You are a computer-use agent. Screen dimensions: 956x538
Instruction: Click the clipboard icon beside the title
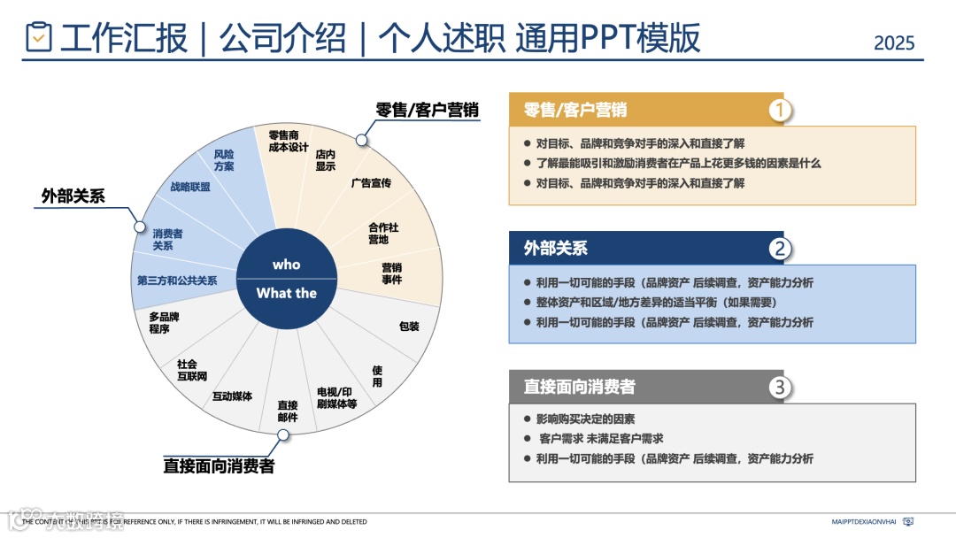coord(39,36)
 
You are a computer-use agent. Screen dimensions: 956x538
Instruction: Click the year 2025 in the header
coord(893,42)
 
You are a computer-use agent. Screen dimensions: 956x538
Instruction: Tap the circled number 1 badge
coord(779,110)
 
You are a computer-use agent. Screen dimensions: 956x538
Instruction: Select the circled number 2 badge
coord(779,249)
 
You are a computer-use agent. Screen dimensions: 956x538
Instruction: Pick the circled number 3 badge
coord(779,387)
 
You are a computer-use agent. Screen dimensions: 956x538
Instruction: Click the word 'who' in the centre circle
coord(286,265)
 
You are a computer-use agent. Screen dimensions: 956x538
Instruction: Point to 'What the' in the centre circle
coord(286,293)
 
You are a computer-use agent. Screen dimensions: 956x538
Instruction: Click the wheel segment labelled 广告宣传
coord(370,183)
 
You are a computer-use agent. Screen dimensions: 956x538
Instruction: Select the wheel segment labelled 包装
coord(408,327)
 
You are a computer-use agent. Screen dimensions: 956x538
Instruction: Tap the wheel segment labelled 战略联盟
coord(190,187)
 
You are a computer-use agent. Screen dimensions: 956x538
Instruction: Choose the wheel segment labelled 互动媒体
coord(232,396)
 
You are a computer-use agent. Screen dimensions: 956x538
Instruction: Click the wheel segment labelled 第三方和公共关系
coord(177,281)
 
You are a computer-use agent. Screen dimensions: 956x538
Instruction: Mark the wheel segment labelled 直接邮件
coord(287,411)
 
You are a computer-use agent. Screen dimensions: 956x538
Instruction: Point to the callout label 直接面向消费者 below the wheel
coord(219,465)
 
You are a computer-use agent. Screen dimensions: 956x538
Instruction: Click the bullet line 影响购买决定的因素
coord(585,419)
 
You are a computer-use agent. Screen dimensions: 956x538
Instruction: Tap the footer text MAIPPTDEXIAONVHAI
coord(865,522)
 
